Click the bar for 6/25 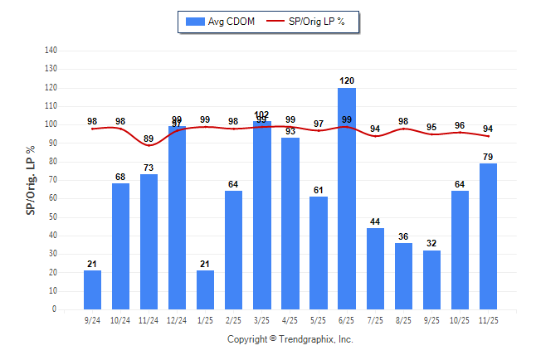347,199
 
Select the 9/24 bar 92,290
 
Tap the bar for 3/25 262,216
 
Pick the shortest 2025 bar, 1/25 205,290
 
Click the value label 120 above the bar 347,81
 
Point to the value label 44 375,221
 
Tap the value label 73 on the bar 149,168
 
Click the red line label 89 149,139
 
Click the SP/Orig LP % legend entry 313,22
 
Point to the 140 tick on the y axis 51,51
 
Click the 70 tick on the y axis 53,180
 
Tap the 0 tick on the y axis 55,309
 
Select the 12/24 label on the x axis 177,319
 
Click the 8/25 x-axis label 403,319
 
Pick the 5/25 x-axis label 319,319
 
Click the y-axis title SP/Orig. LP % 31,179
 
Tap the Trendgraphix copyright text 290,339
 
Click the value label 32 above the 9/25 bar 431,244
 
